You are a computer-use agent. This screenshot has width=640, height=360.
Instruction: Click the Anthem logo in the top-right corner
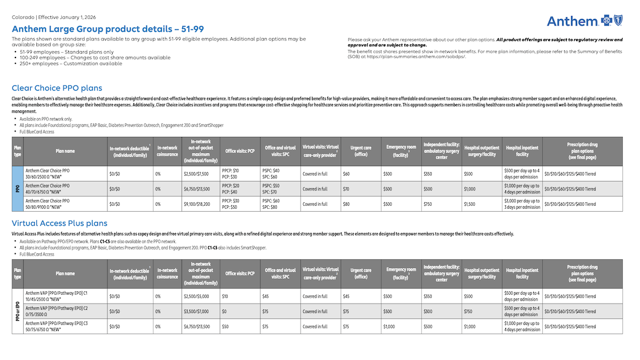click(584, 21)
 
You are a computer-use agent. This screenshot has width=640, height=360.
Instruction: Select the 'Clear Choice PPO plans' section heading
click(57, 88)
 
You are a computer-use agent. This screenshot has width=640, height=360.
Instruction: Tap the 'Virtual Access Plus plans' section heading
click(59, 224)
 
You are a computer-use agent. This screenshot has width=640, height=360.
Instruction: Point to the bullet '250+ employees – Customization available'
click(71, 63)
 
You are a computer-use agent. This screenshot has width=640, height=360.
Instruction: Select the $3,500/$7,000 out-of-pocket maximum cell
click(196, 311)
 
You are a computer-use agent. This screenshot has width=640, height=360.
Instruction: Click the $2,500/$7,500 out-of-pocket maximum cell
click(196, 174)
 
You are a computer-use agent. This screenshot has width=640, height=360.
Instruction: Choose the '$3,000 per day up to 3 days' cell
click(521, 204)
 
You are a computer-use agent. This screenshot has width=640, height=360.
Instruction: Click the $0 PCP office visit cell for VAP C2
click(225, 311)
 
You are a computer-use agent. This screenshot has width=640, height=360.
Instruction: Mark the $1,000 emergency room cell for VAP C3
click(389, 327)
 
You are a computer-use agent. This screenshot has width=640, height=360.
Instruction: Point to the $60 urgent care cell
click(346, 174)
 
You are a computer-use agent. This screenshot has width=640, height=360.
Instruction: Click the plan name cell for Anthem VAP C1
click(56, 296)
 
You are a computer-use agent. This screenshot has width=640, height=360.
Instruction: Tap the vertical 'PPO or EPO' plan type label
click(18, 311)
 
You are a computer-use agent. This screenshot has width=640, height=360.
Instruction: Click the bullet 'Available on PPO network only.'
click(46, 119)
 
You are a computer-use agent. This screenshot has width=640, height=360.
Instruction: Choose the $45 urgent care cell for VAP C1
click(346, 296)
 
